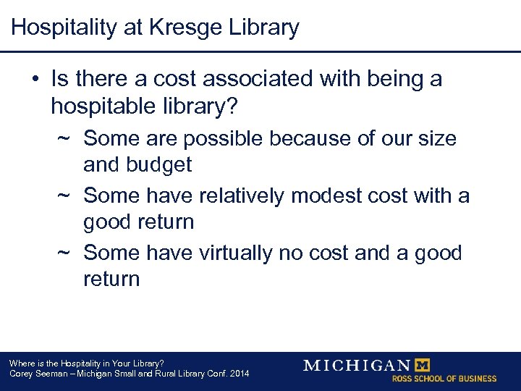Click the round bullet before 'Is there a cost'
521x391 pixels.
[35, 79]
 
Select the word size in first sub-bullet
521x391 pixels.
[435, 138]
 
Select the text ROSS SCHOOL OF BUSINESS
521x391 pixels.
[444, 379]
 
